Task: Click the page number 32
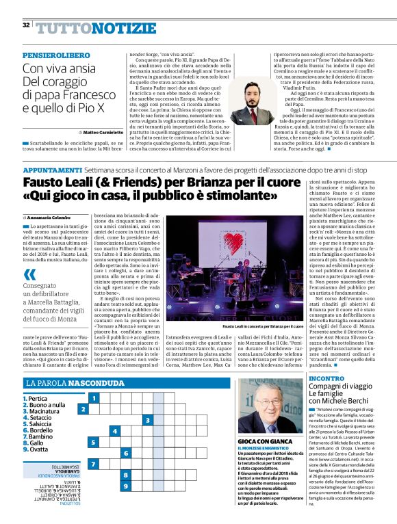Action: [x=25, y=25]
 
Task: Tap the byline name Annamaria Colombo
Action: [x=56, y=217]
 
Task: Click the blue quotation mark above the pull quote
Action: [x=29, y=274]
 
